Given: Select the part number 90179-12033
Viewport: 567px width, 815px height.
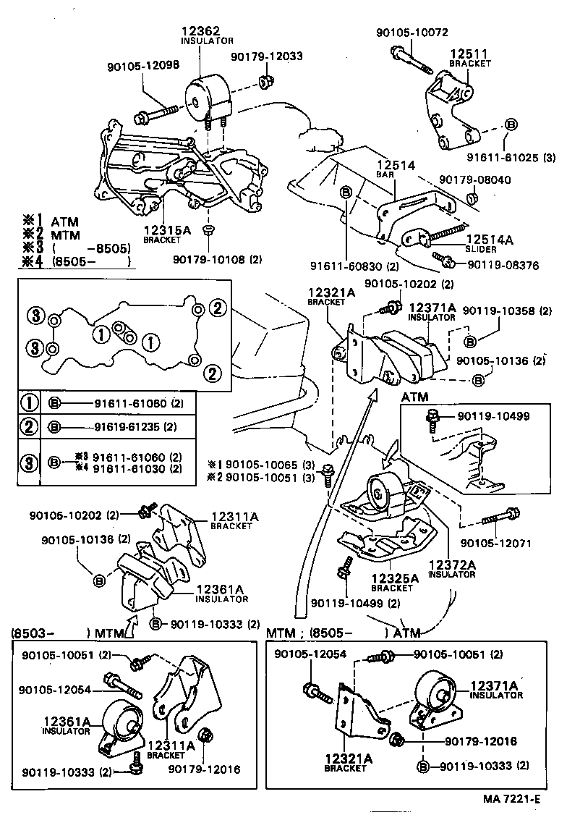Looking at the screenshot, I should point(267,56).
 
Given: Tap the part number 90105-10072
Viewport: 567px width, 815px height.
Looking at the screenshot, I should point(412,33).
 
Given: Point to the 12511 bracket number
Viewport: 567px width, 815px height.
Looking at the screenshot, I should point(469,54).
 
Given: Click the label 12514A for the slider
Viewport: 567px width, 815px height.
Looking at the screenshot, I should point(489,240).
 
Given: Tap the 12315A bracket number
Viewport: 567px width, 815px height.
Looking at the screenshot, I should point(166,230).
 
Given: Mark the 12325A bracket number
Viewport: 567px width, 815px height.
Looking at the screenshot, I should point(395,578).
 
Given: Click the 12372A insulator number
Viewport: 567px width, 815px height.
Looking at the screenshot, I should point(451,565).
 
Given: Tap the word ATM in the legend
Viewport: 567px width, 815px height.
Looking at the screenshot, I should point(64,222).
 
